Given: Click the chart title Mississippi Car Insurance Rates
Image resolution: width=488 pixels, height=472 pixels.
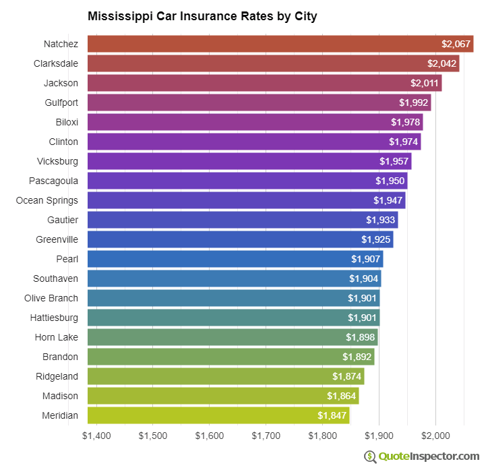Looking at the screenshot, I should [202, 16].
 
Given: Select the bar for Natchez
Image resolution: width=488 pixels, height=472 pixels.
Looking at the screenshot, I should [280, 44].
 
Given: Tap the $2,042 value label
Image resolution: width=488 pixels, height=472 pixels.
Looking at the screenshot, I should [441, 63].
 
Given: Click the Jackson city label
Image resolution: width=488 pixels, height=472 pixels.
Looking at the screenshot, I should [61, 83].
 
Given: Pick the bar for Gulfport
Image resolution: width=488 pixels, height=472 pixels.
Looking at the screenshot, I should [259, 102].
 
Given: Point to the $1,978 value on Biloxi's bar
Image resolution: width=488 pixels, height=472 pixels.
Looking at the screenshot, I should [406, 122].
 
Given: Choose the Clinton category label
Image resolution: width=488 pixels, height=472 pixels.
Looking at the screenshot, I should [63, 142].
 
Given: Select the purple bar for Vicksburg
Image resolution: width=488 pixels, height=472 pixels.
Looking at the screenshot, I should [249, 161].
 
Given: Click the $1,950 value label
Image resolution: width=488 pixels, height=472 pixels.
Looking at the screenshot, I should [390, 181].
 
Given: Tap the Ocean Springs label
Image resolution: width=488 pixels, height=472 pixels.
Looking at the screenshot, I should [47, 200].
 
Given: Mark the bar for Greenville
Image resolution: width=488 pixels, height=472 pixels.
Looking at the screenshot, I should [240, 239].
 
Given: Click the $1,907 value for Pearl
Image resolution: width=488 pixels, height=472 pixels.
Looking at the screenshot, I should [365, 259].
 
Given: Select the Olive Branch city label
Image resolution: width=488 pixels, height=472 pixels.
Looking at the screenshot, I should [51, 298].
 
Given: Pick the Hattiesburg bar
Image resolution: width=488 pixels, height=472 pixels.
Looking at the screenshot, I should [233, 318].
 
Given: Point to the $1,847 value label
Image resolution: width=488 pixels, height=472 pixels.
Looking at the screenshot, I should [332, 415].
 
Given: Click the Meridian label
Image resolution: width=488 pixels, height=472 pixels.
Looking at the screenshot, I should [59, 415].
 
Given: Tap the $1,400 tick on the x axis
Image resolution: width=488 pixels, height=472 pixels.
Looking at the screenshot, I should [96, 436].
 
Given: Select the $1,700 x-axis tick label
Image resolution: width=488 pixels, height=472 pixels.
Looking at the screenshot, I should [266, 436].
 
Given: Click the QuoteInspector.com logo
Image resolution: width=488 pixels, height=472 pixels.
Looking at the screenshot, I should [422, 456].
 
